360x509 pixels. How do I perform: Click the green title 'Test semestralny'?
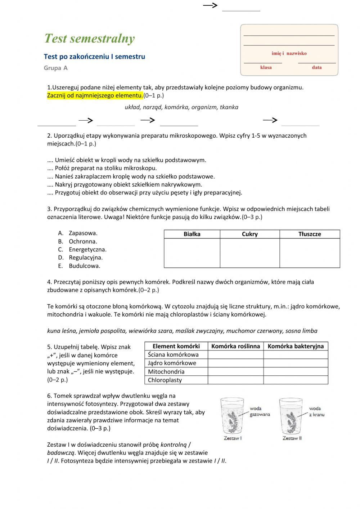click(x=89, y=39)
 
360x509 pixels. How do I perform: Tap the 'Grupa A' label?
click(x=55, y=68)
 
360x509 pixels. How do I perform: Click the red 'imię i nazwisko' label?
click(x=289, y=53)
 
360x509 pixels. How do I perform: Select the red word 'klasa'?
click(x=266, y=67)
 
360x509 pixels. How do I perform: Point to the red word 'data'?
click(x=317, y=67)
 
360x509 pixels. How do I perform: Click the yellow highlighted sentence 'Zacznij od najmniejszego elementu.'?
click(x=95, y=95)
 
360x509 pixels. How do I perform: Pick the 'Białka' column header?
click(x=192, y=234)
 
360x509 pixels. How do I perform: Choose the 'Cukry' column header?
click(x=250, y=234)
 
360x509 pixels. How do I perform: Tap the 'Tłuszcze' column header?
click(x=310, y=234)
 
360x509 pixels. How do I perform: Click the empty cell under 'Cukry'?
click(x=250, y=253)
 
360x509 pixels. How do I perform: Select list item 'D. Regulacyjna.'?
click(x=81, y=258)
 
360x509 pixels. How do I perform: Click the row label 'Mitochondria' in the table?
click(x=166, y=371)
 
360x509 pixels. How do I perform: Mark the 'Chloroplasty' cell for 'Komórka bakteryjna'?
click(x=296, y=380)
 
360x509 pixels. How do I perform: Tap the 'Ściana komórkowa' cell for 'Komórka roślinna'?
click(x=235, y=354)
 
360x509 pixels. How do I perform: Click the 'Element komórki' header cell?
click(x=176, y=346)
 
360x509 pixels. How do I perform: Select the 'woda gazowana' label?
click(x=260, y=411)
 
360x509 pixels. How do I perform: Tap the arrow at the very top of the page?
click(x=211, y=5)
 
